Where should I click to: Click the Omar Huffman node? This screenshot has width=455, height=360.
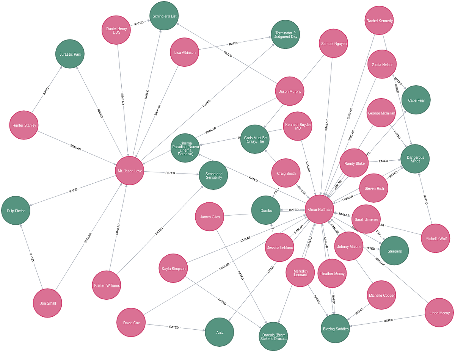pos(320,210)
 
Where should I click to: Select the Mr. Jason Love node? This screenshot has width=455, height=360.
pos(130,171)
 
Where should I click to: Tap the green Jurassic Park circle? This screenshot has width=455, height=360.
pos(70,54)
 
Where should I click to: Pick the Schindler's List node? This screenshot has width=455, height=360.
pos(164,16)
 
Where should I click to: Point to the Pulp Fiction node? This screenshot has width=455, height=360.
pos(16,211)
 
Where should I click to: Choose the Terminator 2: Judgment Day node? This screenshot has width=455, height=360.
pos(286,34)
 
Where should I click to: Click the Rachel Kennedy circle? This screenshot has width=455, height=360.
pos(379,21)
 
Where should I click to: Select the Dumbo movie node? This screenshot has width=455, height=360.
pos(266,210)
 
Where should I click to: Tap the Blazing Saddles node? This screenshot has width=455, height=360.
pos(335,329)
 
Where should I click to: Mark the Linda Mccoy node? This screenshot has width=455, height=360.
pos(439,313)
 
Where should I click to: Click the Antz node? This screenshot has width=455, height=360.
pos(220,332)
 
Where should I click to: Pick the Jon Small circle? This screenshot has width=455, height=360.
pos(47,303)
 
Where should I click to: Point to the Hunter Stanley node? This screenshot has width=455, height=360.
pos(24,125)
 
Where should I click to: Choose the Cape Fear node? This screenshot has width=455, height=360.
pos(416,100)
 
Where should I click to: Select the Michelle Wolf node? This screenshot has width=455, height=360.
pos(435,239)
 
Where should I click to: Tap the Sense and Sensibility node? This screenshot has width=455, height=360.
pos(213,175)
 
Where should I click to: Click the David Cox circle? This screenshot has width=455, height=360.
pos(131,323)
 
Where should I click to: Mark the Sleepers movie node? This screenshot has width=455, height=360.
pos(394,251)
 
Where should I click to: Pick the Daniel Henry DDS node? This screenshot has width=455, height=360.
pos(116,30)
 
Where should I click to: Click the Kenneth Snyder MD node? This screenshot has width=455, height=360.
pos(298,126)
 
